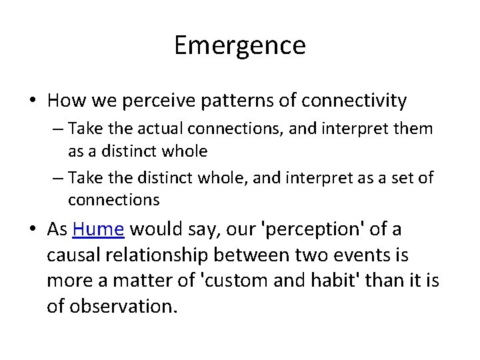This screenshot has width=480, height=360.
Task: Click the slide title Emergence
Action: click(240, 45)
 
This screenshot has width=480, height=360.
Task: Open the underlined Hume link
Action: click(99, 229)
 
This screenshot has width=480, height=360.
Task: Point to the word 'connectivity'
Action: click(354, 101)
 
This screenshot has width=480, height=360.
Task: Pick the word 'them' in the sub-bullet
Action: click(415, 128)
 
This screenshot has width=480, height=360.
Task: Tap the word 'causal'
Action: click(74, 255)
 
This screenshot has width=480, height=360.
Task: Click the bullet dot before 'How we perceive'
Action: click(33, 101)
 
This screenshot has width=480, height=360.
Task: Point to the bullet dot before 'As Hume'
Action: click(33, 230)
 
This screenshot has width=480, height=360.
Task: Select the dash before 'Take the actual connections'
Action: click(57, 129)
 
